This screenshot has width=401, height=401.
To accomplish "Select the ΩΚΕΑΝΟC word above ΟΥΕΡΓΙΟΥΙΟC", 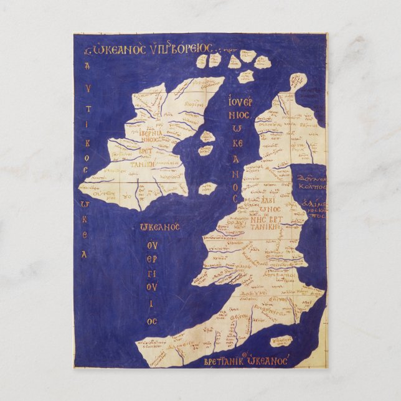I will tap(160, 227).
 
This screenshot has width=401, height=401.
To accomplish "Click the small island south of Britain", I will tap(282, 341).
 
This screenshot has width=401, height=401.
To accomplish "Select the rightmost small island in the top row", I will tap(262, 62).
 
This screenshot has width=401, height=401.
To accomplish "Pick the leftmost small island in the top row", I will tap(201, 61).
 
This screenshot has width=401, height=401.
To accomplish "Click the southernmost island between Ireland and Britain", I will tap(207, 188).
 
